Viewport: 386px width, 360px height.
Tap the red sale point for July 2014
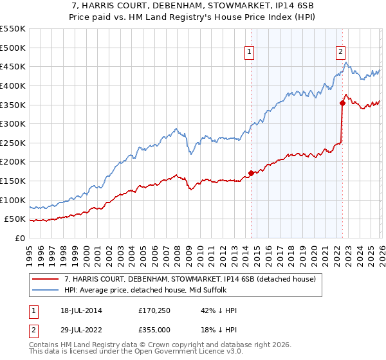tap(251, 173)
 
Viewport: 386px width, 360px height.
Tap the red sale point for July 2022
tap(342, 103)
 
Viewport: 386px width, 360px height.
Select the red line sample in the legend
tap(46, 279)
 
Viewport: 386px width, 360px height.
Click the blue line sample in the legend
tap(46, 290)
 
